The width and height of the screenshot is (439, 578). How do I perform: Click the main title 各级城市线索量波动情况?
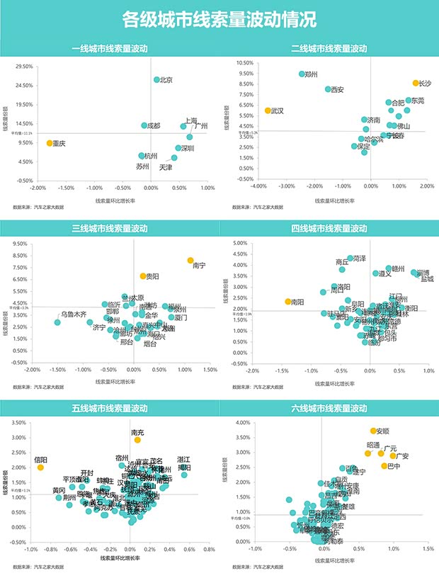click(x=219, y=19)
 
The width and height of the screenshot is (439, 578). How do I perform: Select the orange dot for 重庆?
click(x=50, y=143)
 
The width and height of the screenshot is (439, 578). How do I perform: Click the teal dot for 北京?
click(x=156, y=80)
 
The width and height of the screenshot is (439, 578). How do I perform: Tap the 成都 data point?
click(x=144, y=125)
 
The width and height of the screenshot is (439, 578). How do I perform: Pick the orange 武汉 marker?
click(x=268, y=110)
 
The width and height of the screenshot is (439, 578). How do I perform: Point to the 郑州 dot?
click(x=302, y=74)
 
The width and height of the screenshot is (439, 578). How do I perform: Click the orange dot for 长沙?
click(x=416, y=84)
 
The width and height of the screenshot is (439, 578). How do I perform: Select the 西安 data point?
click(x=328, y=89)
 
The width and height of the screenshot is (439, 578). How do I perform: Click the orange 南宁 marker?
click(x=190, y=261)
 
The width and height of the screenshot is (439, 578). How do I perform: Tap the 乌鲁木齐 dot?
click(x=57, y=322)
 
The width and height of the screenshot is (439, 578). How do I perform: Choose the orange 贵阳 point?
click(x=142, y=276)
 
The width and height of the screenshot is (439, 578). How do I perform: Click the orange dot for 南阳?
click(x=287, y=302)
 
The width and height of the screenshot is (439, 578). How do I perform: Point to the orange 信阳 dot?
click(x=40, y=467)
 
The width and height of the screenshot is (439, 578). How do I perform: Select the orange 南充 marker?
click(x=137, y=440)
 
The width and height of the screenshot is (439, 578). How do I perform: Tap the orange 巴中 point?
click(x=384, y=465)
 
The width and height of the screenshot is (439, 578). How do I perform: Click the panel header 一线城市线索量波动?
click(x=110, y=48)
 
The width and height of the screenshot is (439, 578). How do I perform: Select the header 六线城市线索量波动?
click(x=329, y=409)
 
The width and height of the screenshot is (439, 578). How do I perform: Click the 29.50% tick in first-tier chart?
click(x=24, y=67)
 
